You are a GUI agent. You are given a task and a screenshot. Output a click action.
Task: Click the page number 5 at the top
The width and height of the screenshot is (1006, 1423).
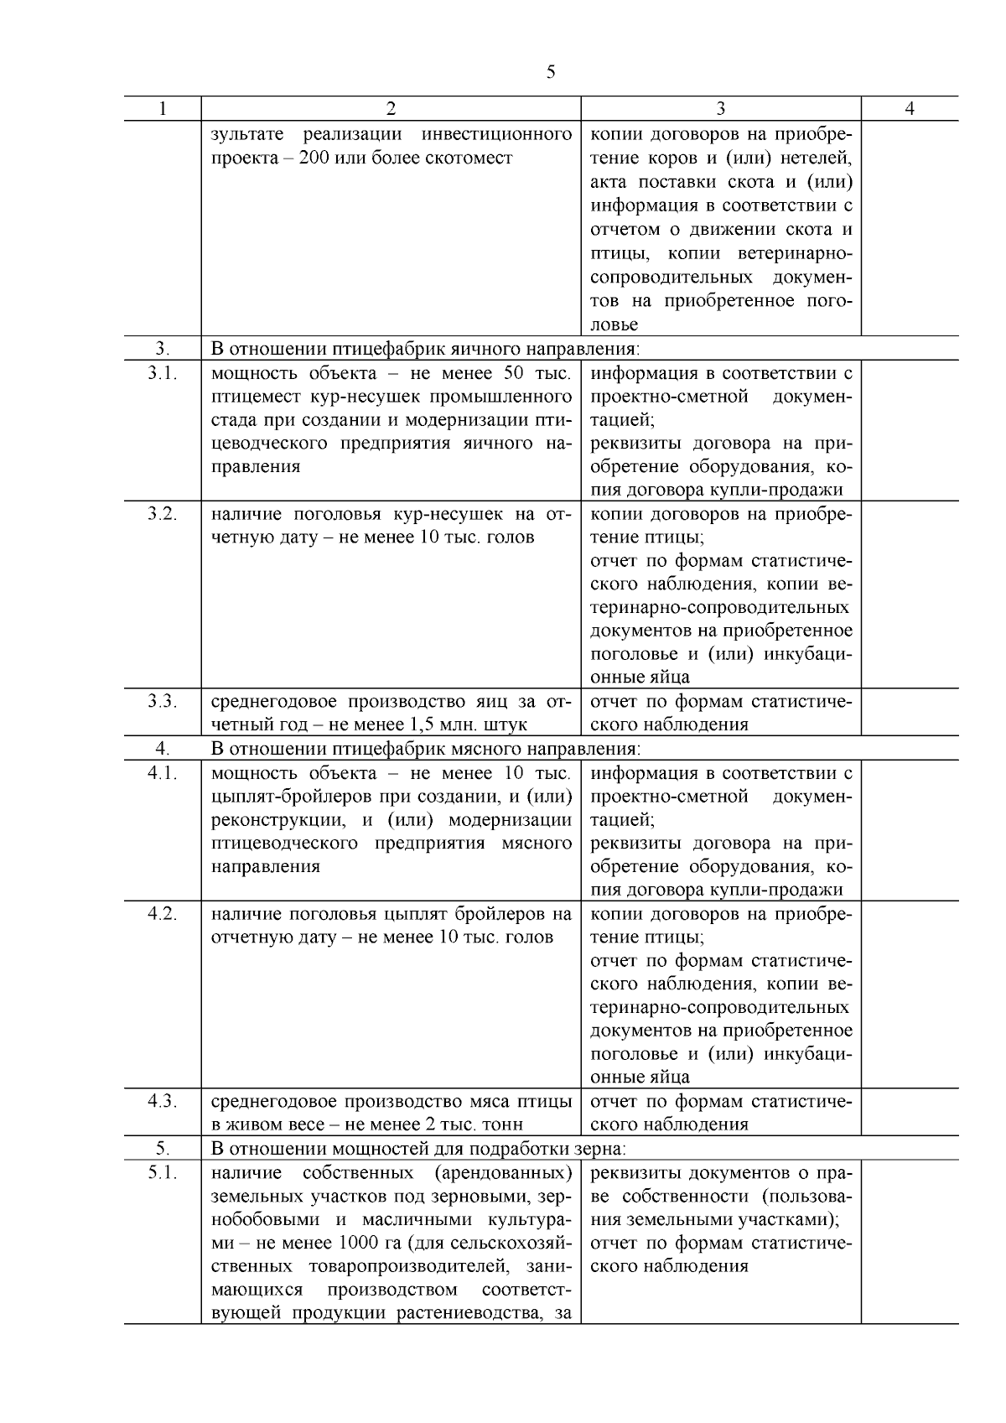click(x=550, y=72)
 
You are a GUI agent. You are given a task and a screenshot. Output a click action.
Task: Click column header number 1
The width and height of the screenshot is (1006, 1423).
click(x=162, y=109)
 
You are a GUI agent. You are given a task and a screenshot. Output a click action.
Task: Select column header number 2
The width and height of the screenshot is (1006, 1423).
click(x=391, y=109)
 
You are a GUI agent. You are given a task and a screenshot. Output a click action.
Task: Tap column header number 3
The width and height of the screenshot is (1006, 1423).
click(x=721, y=109)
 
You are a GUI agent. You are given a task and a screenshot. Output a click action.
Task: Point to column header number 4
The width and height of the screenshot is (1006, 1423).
click(x=910, y=109)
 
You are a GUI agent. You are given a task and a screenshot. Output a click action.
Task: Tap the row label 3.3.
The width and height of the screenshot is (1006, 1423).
click(x=162, y=701)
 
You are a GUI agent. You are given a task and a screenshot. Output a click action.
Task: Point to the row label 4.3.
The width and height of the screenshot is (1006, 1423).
click(x=162, y=1101)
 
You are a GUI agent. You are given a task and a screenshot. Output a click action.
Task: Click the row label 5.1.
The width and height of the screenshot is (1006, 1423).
click(x=162, y=1172)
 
